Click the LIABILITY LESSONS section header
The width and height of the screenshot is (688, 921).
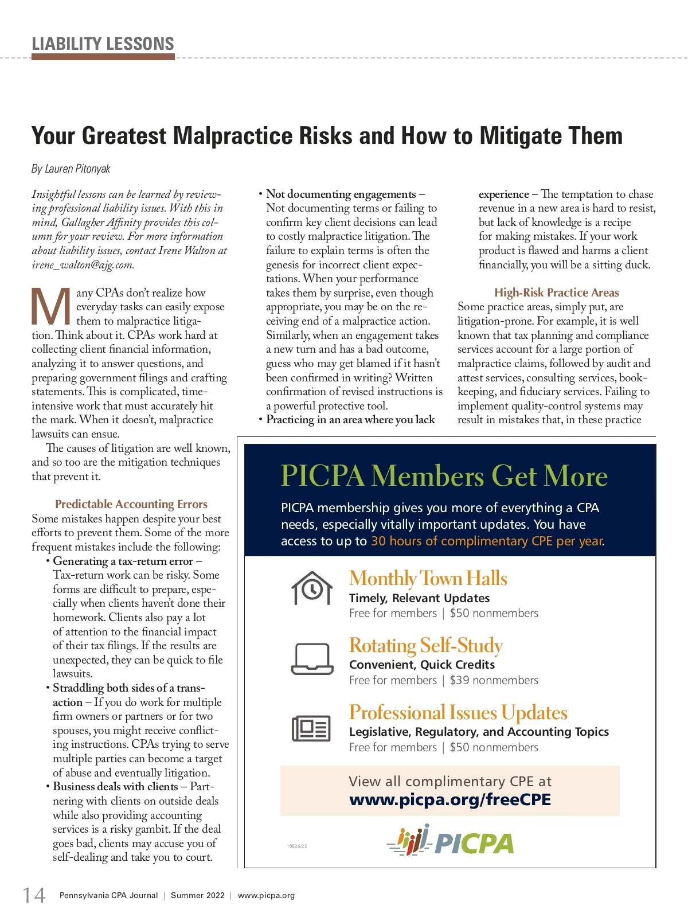point(103,44)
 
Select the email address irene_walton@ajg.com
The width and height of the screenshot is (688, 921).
point(83,265)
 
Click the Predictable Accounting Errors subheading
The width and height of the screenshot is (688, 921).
point(131,504)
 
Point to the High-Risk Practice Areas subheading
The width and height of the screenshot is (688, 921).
point(557,292)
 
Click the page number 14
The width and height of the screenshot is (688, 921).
point(34,895)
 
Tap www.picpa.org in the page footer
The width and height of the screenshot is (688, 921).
point(266,895)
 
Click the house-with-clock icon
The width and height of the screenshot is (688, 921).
point(312,588)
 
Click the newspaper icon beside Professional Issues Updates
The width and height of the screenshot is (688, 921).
point(312,728)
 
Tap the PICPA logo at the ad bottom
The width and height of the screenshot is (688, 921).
point(451,841)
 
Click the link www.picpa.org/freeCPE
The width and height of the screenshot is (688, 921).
point(450,800)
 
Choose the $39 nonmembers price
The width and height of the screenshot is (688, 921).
point(494,681)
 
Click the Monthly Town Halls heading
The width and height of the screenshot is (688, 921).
point(428,578)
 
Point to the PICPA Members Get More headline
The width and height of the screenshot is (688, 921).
point(444,476)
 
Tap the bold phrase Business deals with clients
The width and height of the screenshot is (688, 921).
point(115,787)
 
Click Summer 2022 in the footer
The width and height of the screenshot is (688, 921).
point(198,895)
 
